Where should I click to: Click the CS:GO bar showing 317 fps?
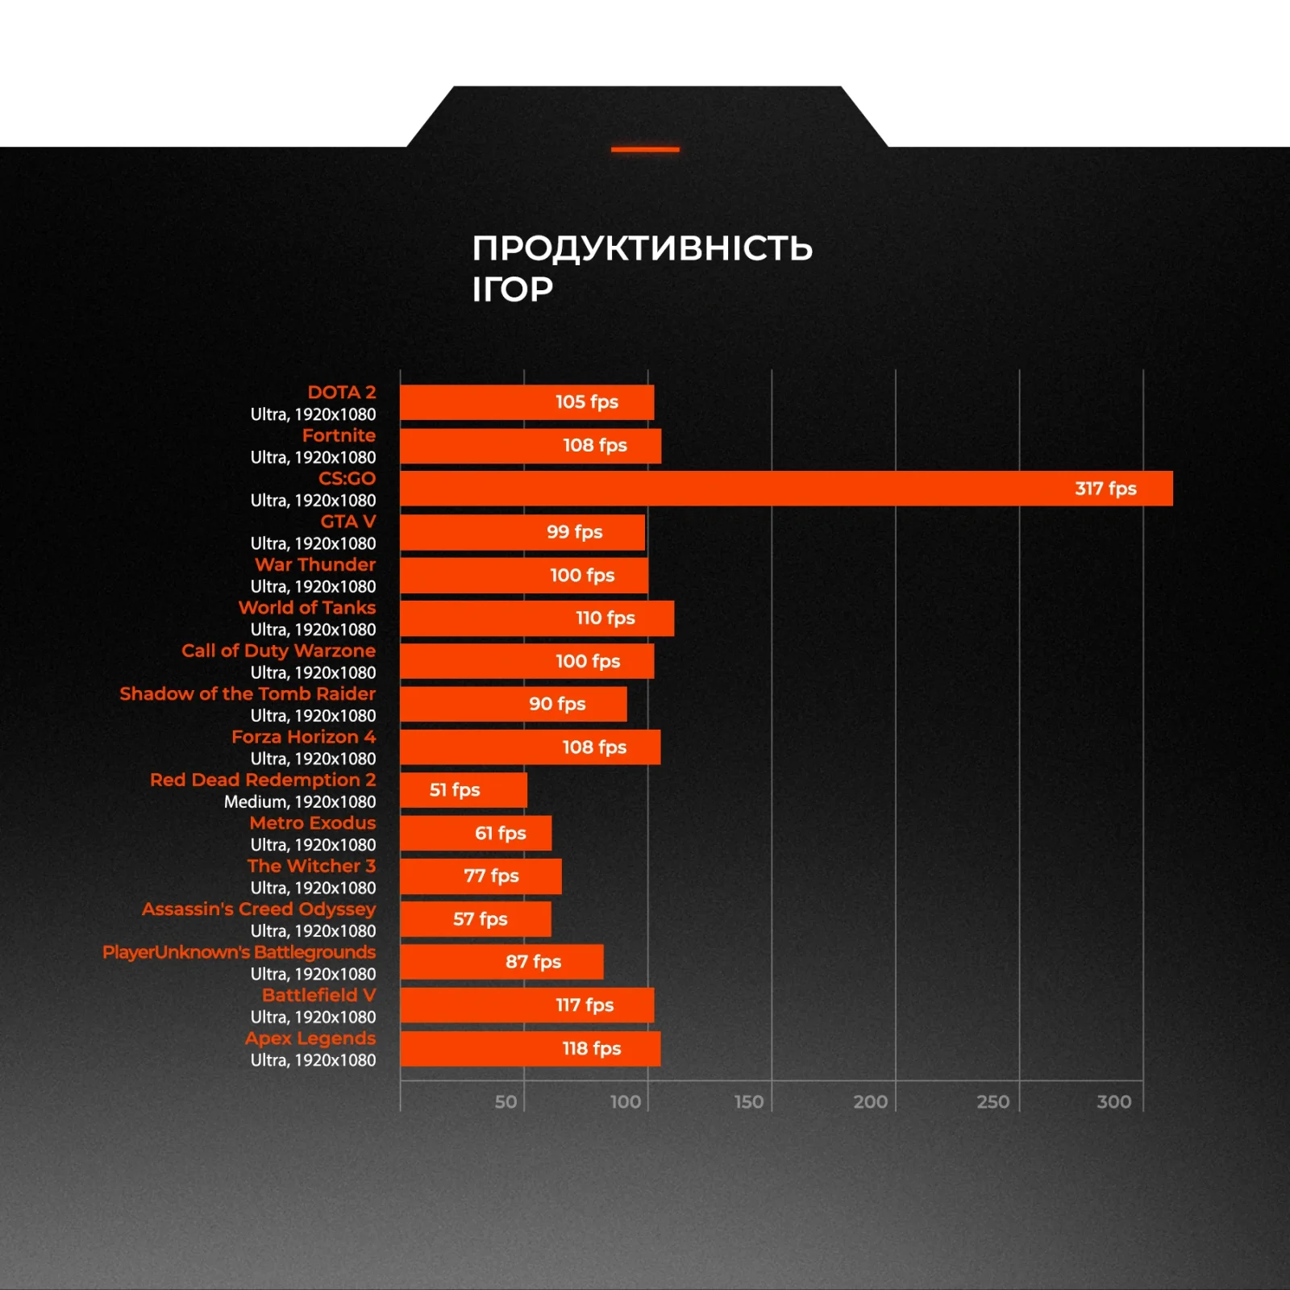coord(786,489)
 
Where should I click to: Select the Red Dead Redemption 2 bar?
coord(464,790)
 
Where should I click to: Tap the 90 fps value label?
coord(557,704)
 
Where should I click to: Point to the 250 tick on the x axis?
coord(992,1101)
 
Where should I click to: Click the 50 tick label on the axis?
coord(506,1101)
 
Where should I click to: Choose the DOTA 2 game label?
coord(341,393)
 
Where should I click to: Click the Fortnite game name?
coord(339,435)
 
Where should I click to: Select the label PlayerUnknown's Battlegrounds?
coord(239,952)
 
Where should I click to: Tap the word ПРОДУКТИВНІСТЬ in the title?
coord(643,248)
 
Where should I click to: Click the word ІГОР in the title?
coord(513,289)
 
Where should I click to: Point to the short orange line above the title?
coord(645,149)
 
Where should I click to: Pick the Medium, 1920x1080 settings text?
coord(299,802)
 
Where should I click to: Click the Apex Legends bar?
coord(530,1049)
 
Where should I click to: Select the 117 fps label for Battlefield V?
coord(585,1005)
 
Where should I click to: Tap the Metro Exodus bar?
coord(476,834)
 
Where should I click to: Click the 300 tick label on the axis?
coord(1113,1101)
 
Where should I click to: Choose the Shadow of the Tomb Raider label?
coord(248,694)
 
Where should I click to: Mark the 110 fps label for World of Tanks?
coord(605,618)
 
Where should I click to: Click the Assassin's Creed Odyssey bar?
coord(476,919)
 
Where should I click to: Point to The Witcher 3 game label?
coord(311,866)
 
